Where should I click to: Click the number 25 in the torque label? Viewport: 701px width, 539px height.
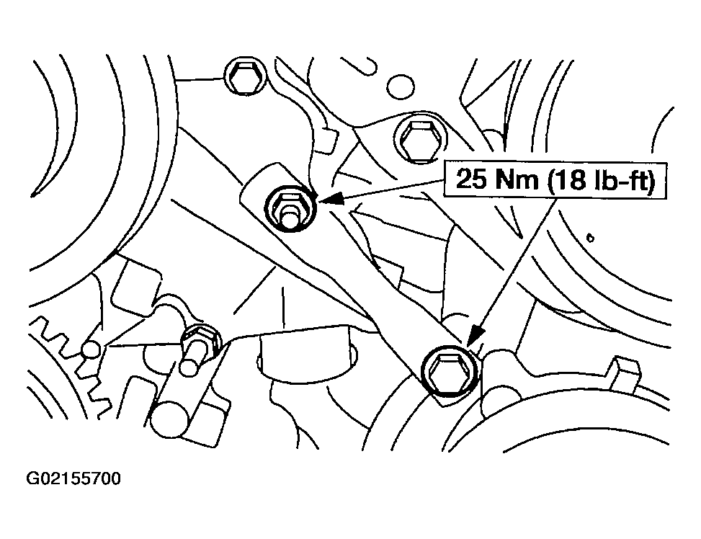470,180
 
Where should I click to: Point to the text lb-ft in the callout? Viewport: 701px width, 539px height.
620,180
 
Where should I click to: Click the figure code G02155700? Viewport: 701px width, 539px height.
73,479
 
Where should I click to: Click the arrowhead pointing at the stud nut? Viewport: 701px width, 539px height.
331,198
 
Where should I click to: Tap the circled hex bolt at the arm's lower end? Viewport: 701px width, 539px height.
451,370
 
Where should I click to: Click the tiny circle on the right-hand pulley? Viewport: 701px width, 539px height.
590,239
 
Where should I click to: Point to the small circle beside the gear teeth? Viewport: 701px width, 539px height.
91,349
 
